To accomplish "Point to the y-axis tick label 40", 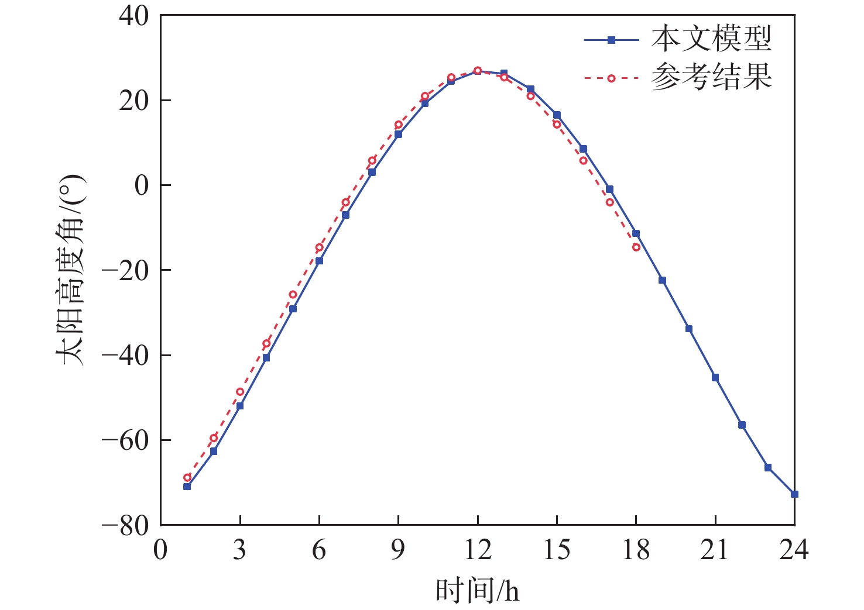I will [134, 16].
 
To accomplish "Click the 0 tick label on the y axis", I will [142, 186].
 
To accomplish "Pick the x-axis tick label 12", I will [477, 550].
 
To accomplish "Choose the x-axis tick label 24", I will [794, 550].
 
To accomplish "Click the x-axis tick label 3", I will [239, 550].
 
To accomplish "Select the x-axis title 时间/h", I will [477, 591].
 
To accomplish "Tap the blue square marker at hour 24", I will [794, 494].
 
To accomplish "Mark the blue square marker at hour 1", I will [187, 486].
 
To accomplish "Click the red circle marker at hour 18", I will [636, 247].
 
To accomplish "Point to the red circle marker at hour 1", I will [187, 478].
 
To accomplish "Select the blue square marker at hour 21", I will [715, 378].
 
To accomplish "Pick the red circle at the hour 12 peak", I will [478, 71].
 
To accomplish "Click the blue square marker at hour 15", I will [557, 115].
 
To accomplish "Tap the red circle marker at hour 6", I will [319, 247].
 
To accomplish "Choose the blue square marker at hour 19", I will [663, 280].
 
